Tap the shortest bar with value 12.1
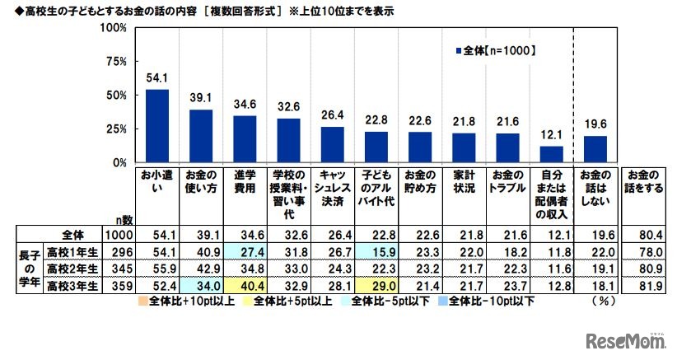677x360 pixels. point(550,155)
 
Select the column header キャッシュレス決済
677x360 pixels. point(332,188)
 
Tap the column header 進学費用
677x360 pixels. point(245,181)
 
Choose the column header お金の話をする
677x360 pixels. point(642,181)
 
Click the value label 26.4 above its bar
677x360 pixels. point(332,115)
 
